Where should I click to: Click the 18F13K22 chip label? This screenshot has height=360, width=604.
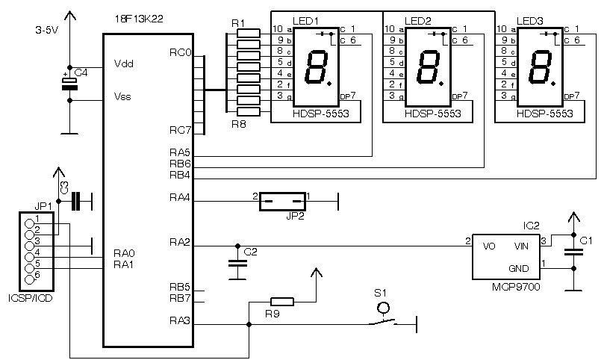139,19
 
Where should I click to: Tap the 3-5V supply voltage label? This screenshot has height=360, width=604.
46,31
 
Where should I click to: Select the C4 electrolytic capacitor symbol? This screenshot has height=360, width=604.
69,84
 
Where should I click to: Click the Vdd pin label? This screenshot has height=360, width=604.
124,63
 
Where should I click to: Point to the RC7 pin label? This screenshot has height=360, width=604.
180,130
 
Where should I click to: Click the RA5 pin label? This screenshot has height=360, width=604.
180,152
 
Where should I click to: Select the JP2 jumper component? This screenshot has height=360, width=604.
283,201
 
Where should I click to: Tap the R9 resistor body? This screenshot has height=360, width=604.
282,302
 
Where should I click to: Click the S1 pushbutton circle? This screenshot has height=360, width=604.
383,308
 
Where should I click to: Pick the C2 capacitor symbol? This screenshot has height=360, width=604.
237,264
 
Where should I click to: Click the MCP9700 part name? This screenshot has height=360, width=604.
516,287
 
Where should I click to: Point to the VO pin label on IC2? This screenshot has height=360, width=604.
489,246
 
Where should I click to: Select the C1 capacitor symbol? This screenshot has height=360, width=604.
573,252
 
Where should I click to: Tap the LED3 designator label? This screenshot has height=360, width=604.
530,21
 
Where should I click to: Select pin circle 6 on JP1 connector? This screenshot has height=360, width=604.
30,280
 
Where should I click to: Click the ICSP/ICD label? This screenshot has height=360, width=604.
30,298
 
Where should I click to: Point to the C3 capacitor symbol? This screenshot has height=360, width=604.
76,201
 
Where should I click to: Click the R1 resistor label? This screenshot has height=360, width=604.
238,23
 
